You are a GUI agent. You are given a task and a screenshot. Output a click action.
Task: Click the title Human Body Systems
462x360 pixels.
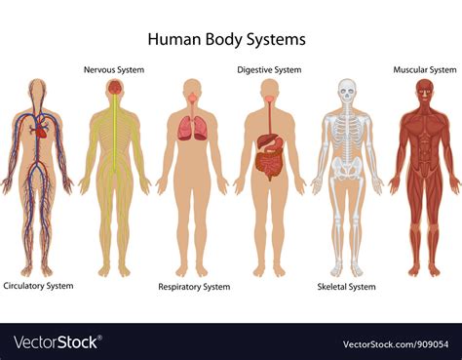point(226,40)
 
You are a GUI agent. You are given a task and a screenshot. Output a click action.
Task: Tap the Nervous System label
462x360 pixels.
point(115,69)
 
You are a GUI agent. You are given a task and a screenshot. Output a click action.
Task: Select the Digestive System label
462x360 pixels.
point(269,69)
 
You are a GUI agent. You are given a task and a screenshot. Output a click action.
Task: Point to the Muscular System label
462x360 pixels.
point(424,69)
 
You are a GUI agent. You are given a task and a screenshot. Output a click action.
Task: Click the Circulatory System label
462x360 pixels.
point(38,286)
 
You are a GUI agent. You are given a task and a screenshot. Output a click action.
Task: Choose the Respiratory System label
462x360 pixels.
point(194,287)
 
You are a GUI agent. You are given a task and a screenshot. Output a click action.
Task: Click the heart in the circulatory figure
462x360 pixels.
point(39,127)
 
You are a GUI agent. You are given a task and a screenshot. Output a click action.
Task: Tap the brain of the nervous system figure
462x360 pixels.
point(115,88)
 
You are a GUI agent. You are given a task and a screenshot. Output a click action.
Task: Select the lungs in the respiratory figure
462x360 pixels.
point(192,128)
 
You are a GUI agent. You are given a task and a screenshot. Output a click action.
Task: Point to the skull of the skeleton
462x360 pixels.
point(346,92)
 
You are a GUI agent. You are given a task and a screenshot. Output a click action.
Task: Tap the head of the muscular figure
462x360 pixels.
point(424,91)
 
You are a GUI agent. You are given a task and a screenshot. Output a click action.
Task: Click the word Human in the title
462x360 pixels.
point(169,40)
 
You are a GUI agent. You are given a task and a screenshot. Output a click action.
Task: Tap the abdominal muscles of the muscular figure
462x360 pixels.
point(424,151)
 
